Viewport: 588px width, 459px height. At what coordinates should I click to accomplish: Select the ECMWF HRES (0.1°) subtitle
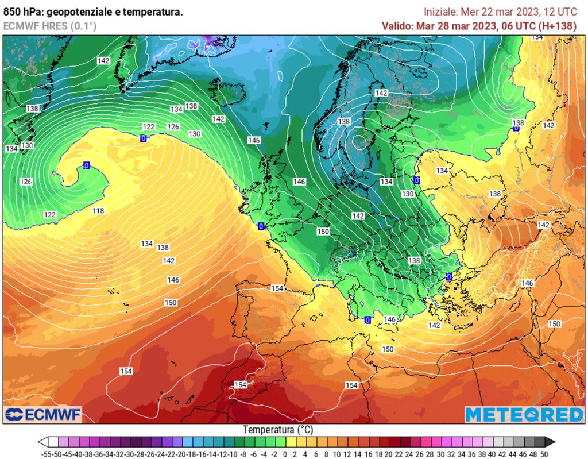pos(50,26)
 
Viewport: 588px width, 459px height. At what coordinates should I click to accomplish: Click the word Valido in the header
pos(397,26)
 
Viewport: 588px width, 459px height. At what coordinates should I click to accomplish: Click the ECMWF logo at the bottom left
pos(43,414)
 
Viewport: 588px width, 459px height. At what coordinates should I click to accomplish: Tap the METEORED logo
pos(524,414)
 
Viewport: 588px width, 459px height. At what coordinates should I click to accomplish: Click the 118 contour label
pos(98,211)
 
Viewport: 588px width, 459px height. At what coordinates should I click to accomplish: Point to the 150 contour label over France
pos(323,232)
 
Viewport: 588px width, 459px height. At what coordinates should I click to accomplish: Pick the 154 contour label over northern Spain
pos(277,288)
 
